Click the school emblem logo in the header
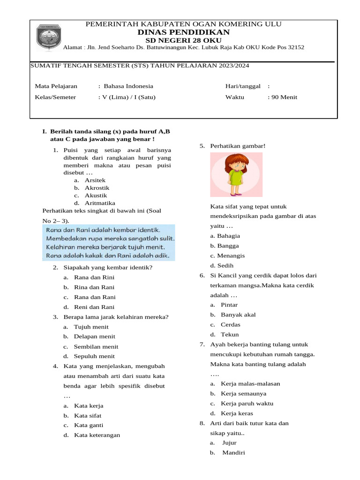pyautogui.click(x=49, y=37)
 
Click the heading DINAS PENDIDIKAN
pyautogui.click(x=183, y=32)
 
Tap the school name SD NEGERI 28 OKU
pyautogui.click(x=183, y=40)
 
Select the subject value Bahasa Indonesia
pyautogui.click(x=128, y=86)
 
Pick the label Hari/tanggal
pyautogui.click(x=243, y=86)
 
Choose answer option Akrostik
pyautogui.click(x=97, y=187)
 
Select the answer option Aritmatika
pyautogui.click(x=100, y=203)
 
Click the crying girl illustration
pyautogui.click(x=236, y=175)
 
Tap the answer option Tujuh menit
pyautogui.click(x=91, y=327)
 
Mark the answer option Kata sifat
pyautogui.click(x=88, y=415)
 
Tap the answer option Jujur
pyautogui.click(x=229, y=442)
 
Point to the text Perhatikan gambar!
pyautogui.click(x=238, y=146)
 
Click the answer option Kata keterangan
pyautogui.click(x=97, y=435)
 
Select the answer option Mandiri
pyautogui.click(x=233, y=452)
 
